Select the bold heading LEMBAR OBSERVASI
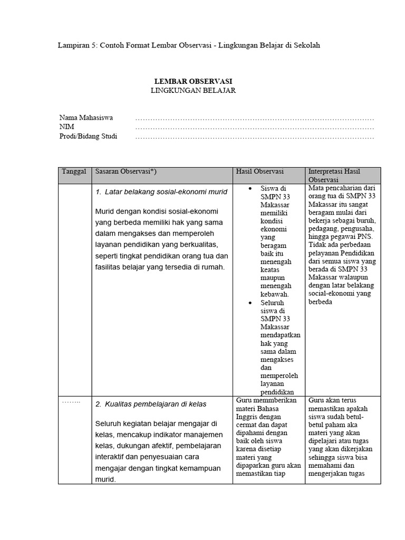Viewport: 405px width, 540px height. pyautogui.click(x=193, y=81)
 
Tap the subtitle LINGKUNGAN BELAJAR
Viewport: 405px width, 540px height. pyautogui.click(x=193, y=90)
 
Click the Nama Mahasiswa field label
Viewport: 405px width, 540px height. pyautogui.click(x=86, y=118)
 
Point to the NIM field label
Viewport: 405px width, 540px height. pyautogui.click(x=67, y=127)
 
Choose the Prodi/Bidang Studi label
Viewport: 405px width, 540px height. pyautogui.click(x=88, y=137)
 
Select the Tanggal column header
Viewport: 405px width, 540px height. pyautogui.click(x=74, y=172)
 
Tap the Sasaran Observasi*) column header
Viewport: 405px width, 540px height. pyautogui.click(x=126, y=172)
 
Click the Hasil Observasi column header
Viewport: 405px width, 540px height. pyautogui.click(x=260, y=172)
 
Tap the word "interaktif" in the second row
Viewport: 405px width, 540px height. pyautogui.click(x=112, y=457)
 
